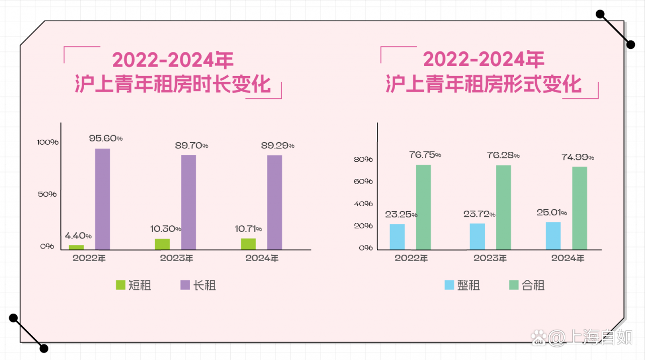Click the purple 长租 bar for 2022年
tap(102, 199)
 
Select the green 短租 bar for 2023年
tap(162, 244)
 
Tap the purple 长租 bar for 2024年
tap(275, 202)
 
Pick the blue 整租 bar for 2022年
tap(397, 236)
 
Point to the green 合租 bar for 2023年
tap(503, 207)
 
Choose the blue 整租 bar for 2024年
tap(553, 235)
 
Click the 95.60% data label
tap(106, 138)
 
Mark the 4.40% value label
tap(78, 235)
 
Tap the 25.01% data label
tap(552, 212)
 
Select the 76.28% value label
tap(503, 155)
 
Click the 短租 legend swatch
tap(120, 285)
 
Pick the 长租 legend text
tap(205, 285)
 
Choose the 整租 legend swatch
tap(449, 285)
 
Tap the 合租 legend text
tap(533, 285)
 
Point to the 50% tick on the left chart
tap(47, 194)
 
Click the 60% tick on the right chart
tap(363, 182)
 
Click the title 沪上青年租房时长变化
tap(173, 84)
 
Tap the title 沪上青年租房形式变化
tap(484, 84)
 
